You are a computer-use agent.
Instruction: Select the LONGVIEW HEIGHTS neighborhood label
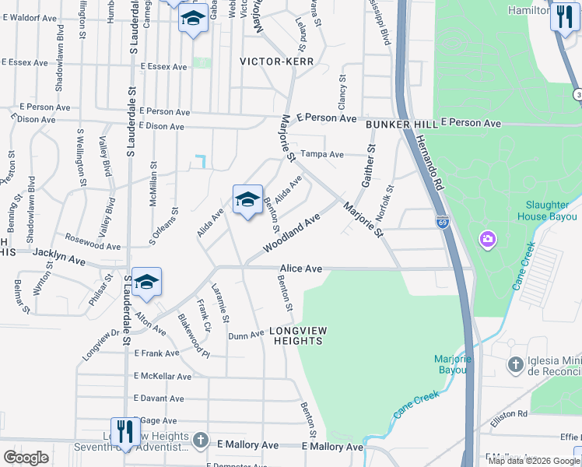pos(298,336)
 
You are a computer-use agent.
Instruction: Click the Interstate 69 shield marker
pos(442,222)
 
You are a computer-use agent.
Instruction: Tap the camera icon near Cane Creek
pos(488,237)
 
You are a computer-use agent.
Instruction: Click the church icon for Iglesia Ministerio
pos(515,364)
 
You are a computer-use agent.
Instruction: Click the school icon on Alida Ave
pos(247,200)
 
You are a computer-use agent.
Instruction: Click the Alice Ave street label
pos(301,269)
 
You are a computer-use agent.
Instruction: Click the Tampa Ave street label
pos(322,154)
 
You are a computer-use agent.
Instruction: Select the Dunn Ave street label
pos(247,335)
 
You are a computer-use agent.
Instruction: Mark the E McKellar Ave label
pos(162,376)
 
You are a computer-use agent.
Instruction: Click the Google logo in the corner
pos(26,458)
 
